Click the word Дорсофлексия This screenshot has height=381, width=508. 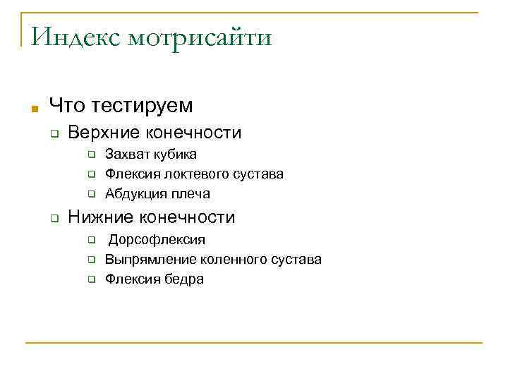[x=157, y=240]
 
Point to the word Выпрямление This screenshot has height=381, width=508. [x=150, y=259]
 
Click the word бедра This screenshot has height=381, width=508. [x=185, y=279]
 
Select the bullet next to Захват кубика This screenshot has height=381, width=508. [x=91, y=155]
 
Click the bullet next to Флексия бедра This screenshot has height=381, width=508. [x=91, y=279]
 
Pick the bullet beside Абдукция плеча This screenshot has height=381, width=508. [x=91, y=194]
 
